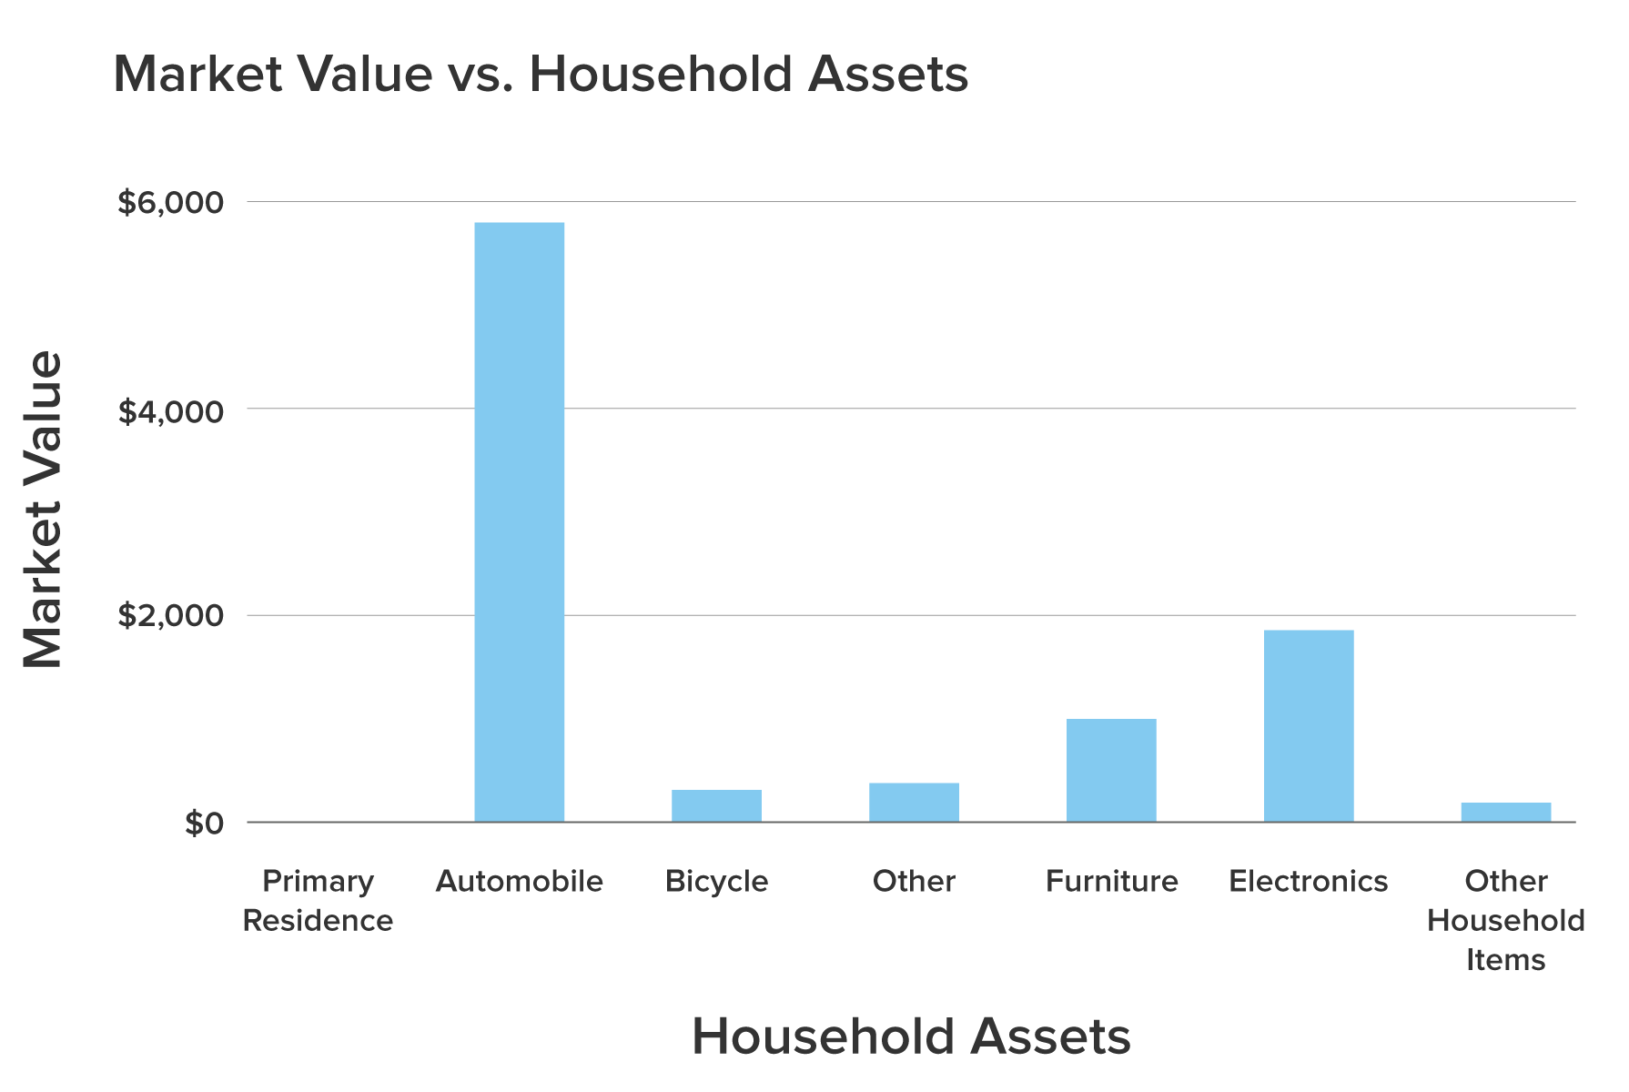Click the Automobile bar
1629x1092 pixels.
coord(519,522)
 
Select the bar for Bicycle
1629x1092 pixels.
coord(716,805)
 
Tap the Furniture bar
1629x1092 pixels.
coord(1111,770)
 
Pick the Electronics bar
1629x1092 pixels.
coord(1308,726)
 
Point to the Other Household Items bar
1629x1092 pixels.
coord(1505,812)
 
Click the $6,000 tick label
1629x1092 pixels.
coord(170,202)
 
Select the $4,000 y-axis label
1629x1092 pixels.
coord(170,411)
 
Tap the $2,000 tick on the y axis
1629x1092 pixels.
coord(170,616)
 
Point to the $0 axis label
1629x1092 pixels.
coord(204,824)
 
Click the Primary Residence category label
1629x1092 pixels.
coord(318,900)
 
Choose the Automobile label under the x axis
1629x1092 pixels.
coord(519,881)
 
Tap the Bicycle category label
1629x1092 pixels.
coord(716,881)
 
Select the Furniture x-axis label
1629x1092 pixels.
coord(1111,881)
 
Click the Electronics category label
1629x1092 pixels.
coord(1308,881)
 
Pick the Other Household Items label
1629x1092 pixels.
coord(1505,920)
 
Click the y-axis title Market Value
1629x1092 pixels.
coord(42,510)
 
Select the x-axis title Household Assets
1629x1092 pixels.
coord(911,1036)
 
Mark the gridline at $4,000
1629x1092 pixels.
coord(910,409)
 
